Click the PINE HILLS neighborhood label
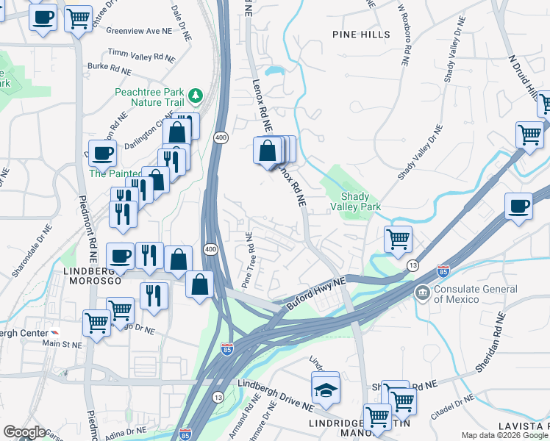click(361, 34)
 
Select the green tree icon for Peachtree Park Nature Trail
click(195, 96)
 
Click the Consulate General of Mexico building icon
click(423, 293)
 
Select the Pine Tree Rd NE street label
click(246, 261)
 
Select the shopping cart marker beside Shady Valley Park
click(398, 239)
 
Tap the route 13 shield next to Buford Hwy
click(413, 265)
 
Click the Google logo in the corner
click(24, 432)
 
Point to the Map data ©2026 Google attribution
click(504, 435)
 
